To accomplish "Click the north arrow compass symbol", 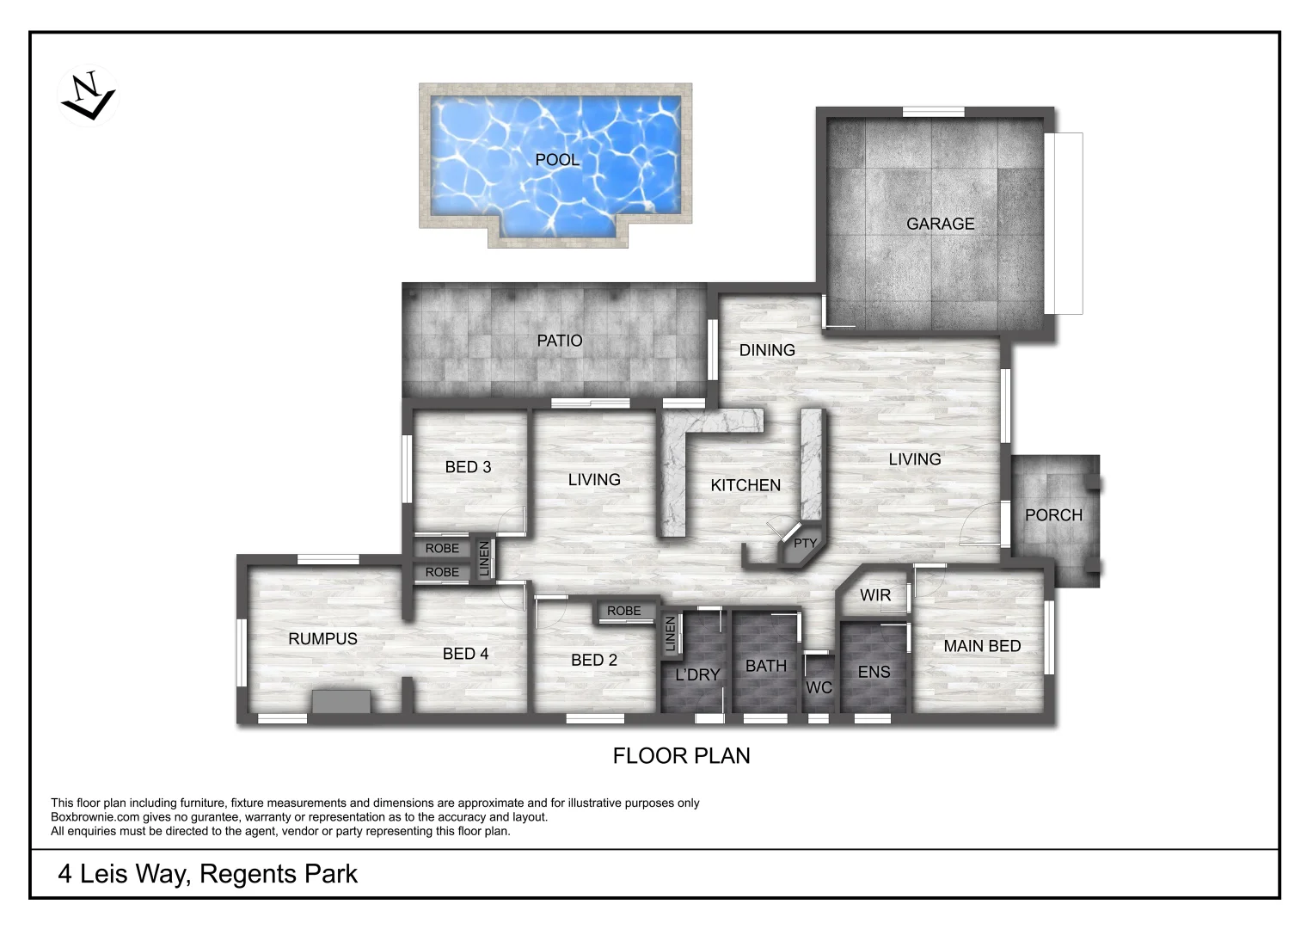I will pos(87,95).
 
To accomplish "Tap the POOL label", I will pos(557,160).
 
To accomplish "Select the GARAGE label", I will pos(940,224).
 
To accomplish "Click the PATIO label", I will pos(559,341).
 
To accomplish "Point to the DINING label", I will pos(767,350).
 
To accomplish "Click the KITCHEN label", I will pos(745,485).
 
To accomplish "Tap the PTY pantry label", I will pos(805,543).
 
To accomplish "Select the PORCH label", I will pos(1053,515).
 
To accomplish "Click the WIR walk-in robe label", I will pos(875,595).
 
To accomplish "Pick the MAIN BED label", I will pos(982,646).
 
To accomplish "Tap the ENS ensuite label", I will pos(874,672).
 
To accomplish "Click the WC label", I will pos(819,687).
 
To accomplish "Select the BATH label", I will pos(765,666).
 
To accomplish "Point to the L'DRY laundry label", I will pos(696,675).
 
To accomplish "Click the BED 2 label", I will pos(594,660).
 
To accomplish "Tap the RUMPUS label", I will pos(322,638).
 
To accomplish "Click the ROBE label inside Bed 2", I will pos(623,611).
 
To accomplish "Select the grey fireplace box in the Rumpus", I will pos(341,701).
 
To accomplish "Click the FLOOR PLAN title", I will pos(681,755).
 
